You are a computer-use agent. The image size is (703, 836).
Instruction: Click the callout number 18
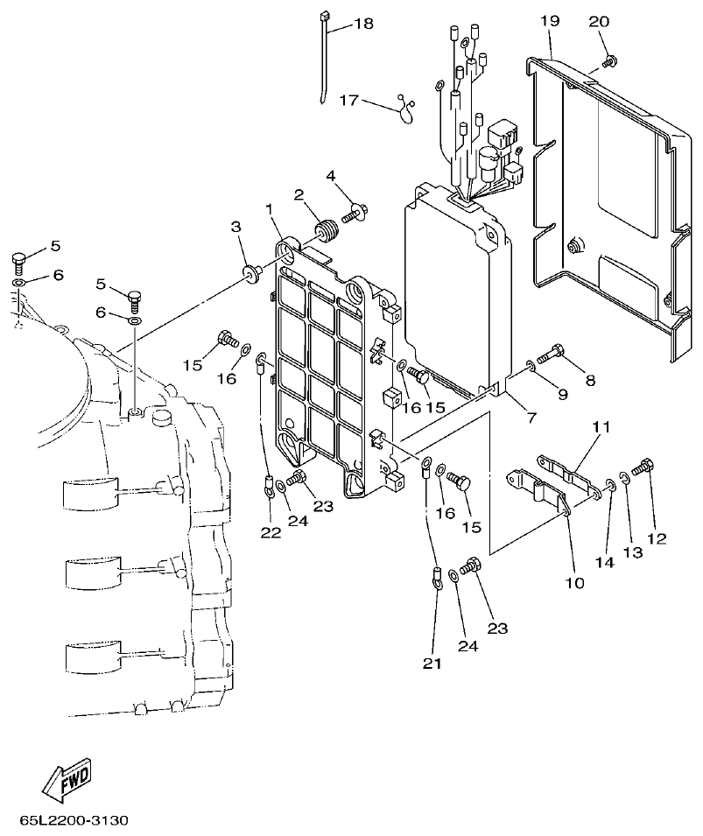point(362,24)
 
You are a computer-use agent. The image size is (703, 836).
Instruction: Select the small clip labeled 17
point(405,108)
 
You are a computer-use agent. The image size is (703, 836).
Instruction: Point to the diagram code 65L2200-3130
point(74,820)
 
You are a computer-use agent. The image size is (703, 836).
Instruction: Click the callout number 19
point(549,19)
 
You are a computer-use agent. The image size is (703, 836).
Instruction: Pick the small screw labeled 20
point(611,60)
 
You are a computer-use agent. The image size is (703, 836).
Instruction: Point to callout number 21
point(432,664)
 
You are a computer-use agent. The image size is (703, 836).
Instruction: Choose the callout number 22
point(271,531)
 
